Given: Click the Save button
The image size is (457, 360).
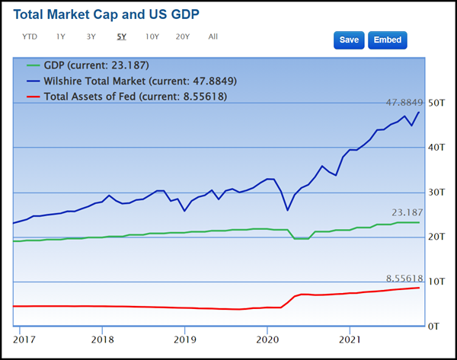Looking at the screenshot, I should (x=349, y=40).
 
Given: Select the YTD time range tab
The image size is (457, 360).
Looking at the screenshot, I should (x=30, y=37).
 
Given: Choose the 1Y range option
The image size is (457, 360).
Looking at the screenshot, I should (x=60, y=37).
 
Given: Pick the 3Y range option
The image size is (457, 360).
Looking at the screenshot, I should (x=91, y=37).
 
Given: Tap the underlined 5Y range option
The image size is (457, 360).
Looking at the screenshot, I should (x=122, y=37).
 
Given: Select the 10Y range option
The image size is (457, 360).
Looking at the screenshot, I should (x=152, y=37).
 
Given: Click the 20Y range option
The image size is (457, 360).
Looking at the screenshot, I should (x=183, y=37).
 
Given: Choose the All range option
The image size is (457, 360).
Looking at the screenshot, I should (x=213, y=37).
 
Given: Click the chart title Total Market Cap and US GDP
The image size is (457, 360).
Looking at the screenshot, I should (x=113, y=14).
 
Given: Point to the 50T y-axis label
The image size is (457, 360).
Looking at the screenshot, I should (x=436, y=103).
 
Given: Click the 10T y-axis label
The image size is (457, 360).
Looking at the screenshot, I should (x=436, y=282).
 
